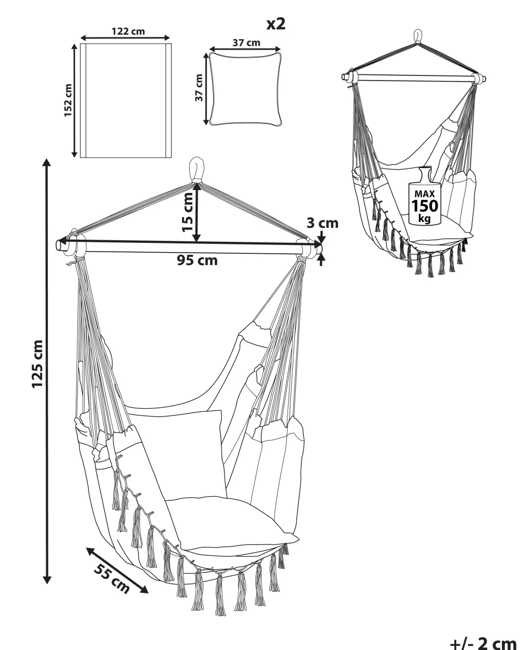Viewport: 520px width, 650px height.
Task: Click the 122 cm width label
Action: tap(128, 31)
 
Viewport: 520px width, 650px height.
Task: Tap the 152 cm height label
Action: tap(68, 100)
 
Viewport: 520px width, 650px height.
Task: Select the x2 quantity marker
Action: tap(276, 23)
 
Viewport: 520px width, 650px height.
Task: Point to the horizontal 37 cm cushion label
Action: tap(246, 43)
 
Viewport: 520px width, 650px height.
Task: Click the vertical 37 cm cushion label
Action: tap(199, 87)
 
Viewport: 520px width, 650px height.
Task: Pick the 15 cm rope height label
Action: tap(187, 212)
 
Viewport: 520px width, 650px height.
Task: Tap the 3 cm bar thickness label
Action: tap(322, 223)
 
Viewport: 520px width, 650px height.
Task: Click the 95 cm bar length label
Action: tap(197, 261)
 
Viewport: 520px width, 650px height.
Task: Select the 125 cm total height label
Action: tap(38, 364)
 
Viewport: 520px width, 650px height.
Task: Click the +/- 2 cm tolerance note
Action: tap(483, 642)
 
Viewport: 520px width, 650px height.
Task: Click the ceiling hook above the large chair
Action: tap(197, 170)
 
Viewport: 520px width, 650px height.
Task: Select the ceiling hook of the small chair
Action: tap(418, 36)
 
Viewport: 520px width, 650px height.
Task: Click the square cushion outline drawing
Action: tap(245, 88)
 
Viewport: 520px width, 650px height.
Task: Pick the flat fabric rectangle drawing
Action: tap(126, 100)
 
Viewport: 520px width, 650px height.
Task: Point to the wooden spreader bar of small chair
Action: tap(414, 78)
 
